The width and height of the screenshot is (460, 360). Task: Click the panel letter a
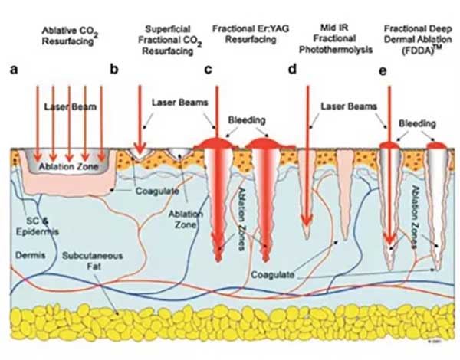[x=14, y=70]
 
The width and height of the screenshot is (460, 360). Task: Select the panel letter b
[x=114, y=69]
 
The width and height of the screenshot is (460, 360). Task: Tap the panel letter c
[x=208, y=70]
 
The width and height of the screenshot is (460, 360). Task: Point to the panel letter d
[x=293, y=69]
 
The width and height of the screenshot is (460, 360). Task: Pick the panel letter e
[x=383, y=71]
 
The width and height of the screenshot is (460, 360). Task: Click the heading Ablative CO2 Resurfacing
[x=69, y=36]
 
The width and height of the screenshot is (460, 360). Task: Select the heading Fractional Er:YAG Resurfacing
[x=251, y=34]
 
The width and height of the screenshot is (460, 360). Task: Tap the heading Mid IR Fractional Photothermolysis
[x=336, y=39]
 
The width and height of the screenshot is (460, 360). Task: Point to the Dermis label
[x=30, y=255]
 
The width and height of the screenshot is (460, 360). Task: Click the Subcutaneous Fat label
[x=92, y=261]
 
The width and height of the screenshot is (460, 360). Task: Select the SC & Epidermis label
[x=38, y=227]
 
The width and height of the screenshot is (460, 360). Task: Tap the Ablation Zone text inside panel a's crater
[x=69, y=166]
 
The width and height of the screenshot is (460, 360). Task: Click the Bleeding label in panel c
[x=247, y=120]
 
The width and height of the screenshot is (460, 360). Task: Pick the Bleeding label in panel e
[x=417, y=124]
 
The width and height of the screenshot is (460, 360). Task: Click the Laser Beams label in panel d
[x=349, y=106]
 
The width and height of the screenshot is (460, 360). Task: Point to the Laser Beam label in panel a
[x=71, y=106]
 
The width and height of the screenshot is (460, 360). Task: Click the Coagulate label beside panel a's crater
[x=157, y=191]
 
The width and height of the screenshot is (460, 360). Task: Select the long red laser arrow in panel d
[x=307, y=156]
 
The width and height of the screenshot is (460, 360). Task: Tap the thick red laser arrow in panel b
[x=140, y=119]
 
